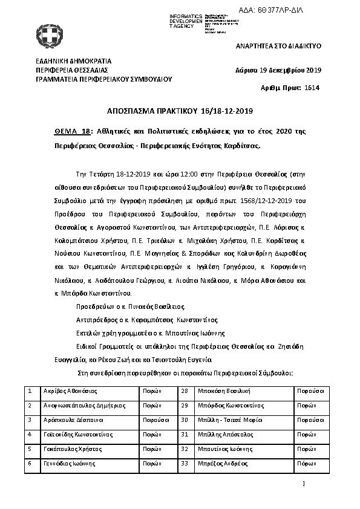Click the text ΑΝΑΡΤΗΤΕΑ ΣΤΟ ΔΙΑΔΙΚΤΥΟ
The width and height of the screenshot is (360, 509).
(x=278, y=46)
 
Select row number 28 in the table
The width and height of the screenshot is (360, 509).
(x=185, y=391)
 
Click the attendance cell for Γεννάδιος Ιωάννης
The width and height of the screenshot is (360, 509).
(x=152, y=463)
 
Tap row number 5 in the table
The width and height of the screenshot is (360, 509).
(x=30, y=449)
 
